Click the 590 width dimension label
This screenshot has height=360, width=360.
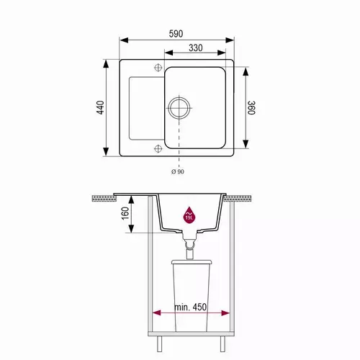[x=176, y=34]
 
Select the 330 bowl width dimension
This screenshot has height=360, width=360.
[x=195, y=48]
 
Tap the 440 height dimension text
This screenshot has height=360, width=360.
[x=101, y=107]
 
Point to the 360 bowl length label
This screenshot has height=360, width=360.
[x=251, y=108]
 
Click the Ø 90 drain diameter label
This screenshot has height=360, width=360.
[x=178, y=171]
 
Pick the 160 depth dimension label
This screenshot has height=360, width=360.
[x=125, y=213]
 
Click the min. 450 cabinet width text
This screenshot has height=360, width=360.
[x=190, y=307]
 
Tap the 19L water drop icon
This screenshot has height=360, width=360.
[x=189, y=215]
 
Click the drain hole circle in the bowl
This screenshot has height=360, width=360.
[x=179, y=107]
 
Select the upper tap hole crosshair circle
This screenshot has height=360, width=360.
[x=158, y=68]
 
